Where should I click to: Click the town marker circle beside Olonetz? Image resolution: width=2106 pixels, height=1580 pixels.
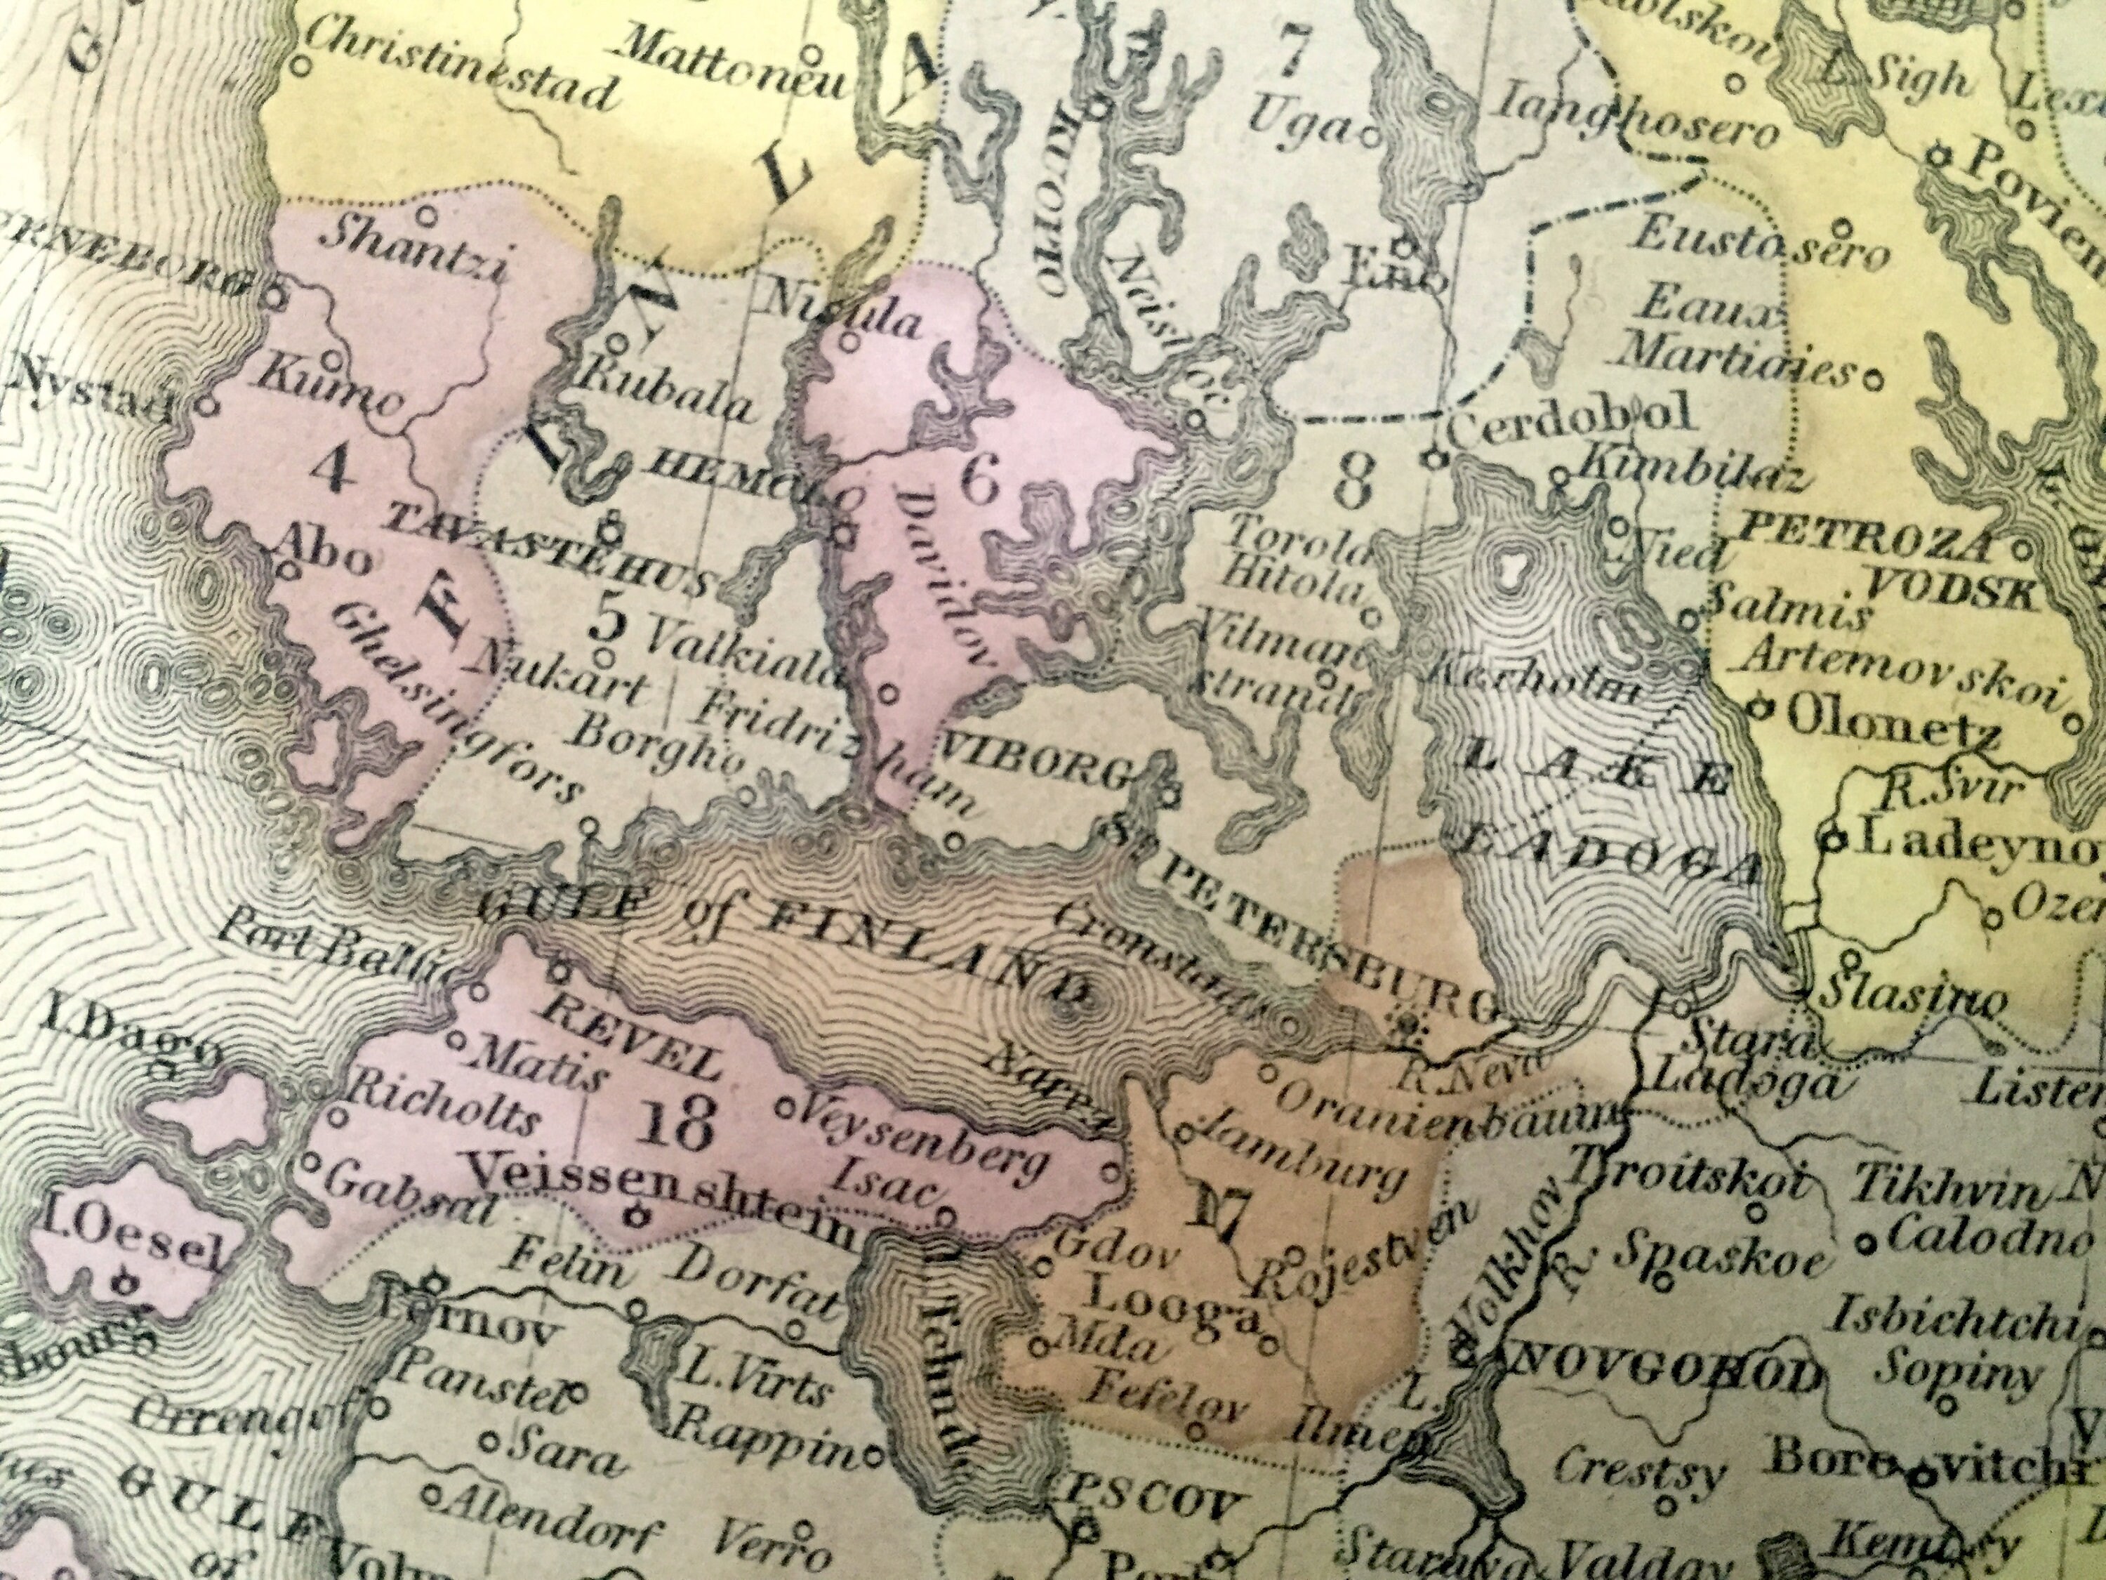(x=1761, y=708)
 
